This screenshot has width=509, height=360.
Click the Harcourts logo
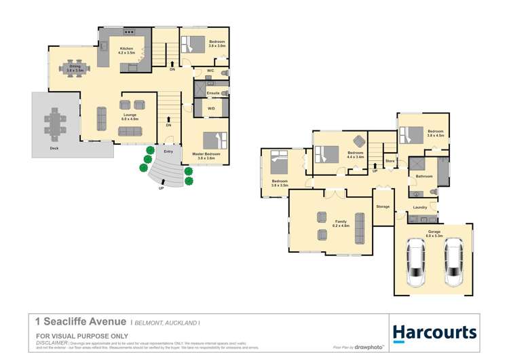pyautogui.click(x=435, y=332)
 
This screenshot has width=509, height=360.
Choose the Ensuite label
pyautogui.click(x=212, y=92)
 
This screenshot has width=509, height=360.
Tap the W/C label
pyautogui.click(x=211, y=71)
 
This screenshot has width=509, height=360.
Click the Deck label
pyautogui.click(x=54, y=147)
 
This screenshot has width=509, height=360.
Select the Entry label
pyautogui.click(x=168, y=151)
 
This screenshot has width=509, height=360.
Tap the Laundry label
pyautogui.click(x=419, y=207)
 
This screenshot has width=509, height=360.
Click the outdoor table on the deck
pyautogui.click(x=56, y=124)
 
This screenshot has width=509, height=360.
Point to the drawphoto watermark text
pyautogui.click(x=370, y=346)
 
